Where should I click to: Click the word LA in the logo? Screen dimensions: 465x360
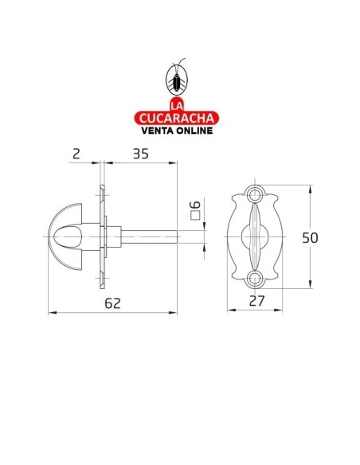177,104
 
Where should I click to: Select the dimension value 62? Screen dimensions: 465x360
112,303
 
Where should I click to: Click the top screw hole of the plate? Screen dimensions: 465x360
256,193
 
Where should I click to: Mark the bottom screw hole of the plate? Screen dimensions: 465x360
256,278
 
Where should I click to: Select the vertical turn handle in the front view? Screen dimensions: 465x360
256,236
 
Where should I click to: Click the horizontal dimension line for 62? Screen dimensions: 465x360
80,313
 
